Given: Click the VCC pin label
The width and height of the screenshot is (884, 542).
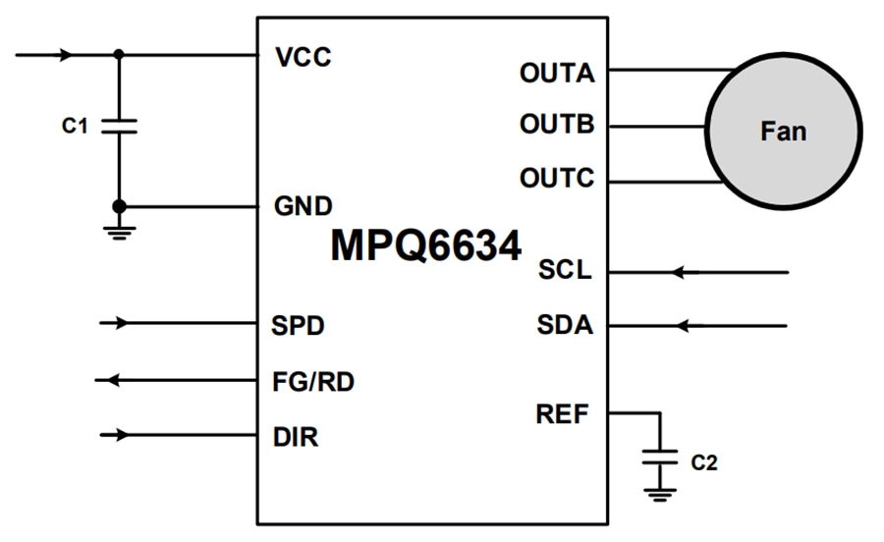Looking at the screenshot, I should [304, 57].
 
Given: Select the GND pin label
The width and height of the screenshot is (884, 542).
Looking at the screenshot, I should [303, 207].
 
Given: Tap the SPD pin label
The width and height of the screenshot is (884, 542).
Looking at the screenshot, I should [299, 324].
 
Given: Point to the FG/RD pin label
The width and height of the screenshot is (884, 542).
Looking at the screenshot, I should [312, 381].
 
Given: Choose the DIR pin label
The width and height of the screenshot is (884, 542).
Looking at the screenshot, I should [295, 437].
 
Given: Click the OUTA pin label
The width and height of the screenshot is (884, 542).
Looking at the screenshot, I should [557, 73].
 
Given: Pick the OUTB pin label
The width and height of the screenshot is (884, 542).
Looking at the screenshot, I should [557, 126].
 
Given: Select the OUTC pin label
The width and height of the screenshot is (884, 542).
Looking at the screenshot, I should [557, 179].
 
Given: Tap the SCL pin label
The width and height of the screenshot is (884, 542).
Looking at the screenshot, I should [565, 270].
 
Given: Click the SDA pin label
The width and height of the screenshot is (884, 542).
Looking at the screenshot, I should [565, 325].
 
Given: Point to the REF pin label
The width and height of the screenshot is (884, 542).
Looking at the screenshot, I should [563, 414].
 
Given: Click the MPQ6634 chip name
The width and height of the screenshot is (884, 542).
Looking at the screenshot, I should [425, 245].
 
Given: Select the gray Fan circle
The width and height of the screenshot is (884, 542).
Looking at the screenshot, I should [783, 131].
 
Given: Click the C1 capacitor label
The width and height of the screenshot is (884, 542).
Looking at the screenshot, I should [75, 126].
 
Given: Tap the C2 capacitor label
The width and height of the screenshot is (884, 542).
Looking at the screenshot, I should [703, 461].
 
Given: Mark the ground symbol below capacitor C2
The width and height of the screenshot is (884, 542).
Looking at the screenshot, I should [659, 493].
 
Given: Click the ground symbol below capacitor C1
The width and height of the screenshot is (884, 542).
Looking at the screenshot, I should [119, 232].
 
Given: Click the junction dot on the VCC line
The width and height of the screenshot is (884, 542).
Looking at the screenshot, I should [119, 55].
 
